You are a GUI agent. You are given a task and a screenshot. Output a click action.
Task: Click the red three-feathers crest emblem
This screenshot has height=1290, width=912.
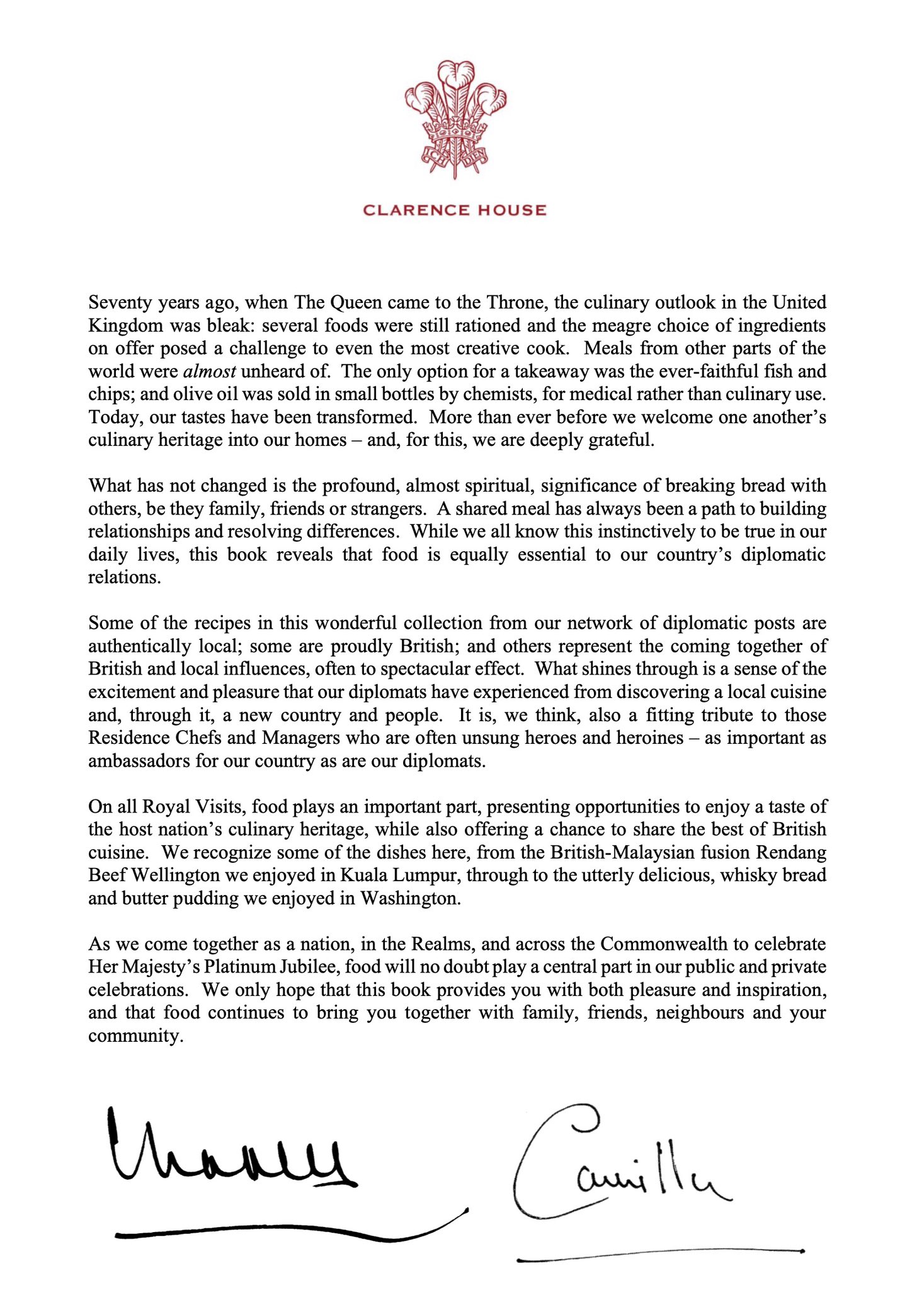pyautogui.click(x=455, y=120)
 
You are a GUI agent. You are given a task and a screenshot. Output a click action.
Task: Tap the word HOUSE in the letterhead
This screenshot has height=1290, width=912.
pyautogui.click(x=511, y=210)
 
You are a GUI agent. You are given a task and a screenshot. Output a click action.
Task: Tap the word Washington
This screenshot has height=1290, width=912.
pyautogui.click(x=410, y=898)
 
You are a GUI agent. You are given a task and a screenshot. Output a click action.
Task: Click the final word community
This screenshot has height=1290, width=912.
pyautogui.click(x=135, y=1036)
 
